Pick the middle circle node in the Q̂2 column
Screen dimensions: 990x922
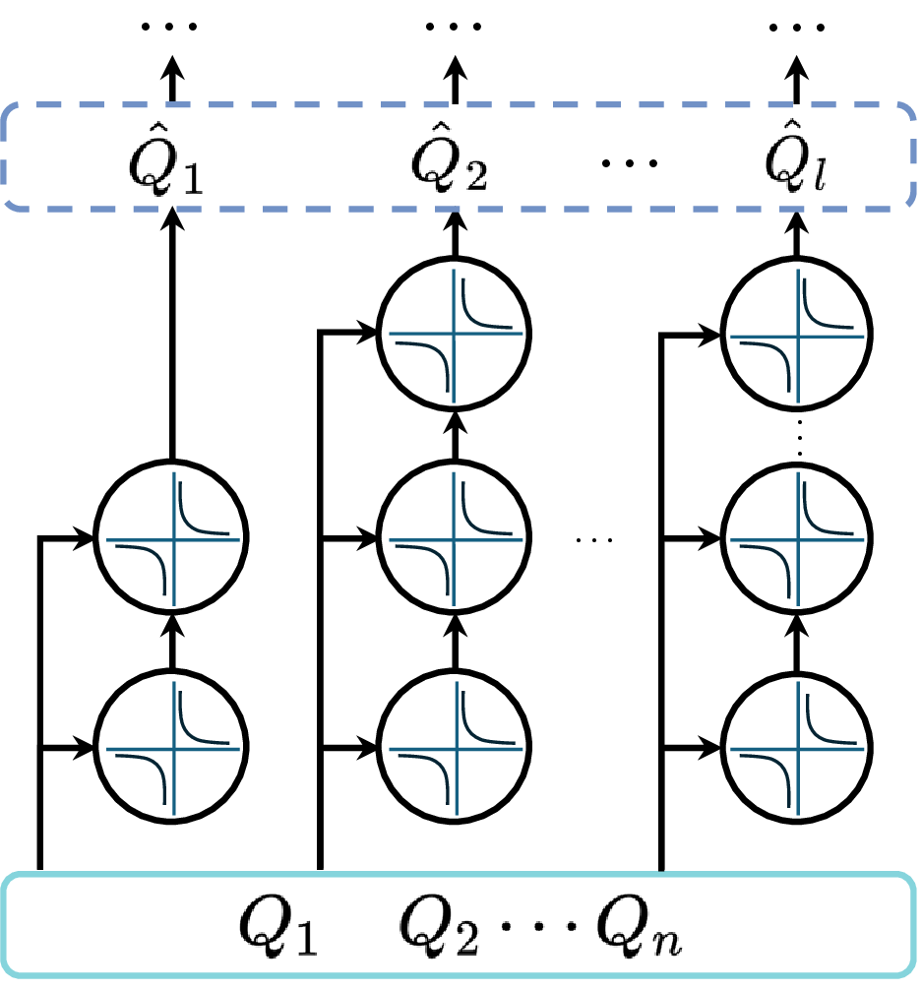[x=455, y=538]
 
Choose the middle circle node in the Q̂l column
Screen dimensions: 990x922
[x=795, y=538]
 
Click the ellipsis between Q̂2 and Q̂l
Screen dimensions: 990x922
[x=630, y=161]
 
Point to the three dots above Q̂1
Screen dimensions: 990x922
[x=170, y=26]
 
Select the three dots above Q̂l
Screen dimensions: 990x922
[x=795, y=26]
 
